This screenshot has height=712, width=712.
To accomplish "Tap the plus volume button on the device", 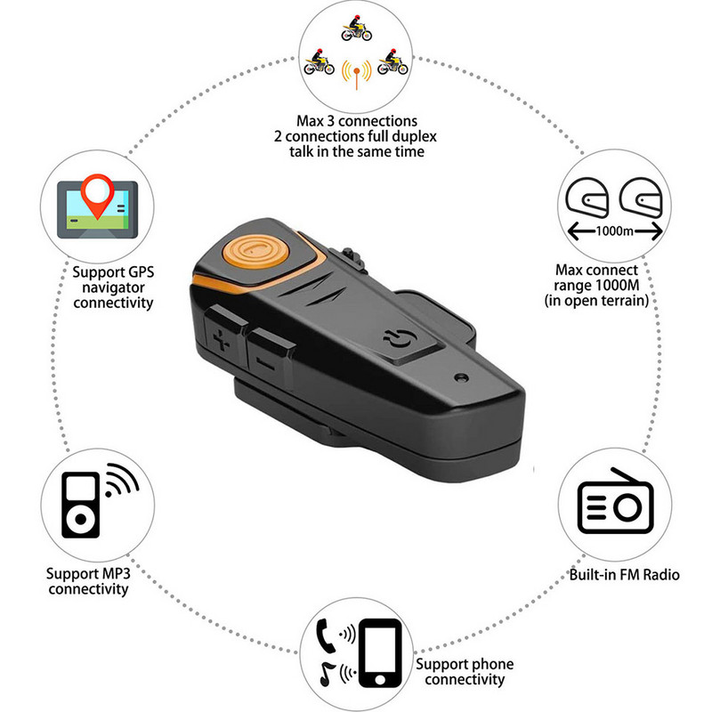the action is pos(222,334).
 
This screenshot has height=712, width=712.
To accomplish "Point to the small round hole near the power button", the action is pos(462,377).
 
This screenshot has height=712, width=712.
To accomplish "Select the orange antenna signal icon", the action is pos(357,74).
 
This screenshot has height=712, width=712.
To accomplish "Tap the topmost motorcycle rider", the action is pos(357,28).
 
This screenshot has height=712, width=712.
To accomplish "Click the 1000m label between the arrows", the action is pos(614,231).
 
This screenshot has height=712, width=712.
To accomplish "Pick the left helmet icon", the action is pos(587,198).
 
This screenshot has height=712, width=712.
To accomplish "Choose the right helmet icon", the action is pos(641,198).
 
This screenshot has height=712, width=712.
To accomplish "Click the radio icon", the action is pos(615,500).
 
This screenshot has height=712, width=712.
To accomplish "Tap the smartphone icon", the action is pos(381,653).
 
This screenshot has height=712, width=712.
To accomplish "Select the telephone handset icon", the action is pos(326,635).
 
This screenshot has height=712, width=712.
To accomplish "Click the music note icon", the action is pos(327,674).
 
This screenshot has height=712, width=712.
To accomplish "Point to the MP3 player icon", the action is pos(80,505).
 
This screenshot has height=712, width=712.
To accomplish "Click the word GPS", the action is pos(142,272).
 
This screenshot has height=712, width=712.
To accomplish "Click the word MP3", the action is pos(116,573).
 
